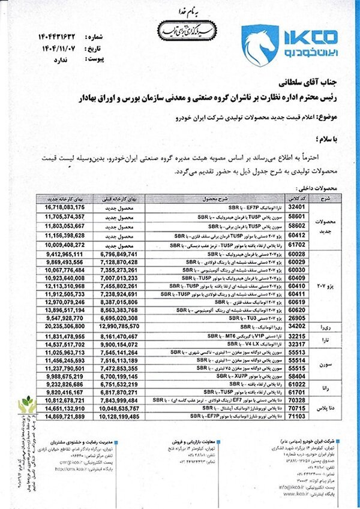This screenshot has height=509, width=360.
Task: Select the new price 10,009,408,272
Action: (63, 245)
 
